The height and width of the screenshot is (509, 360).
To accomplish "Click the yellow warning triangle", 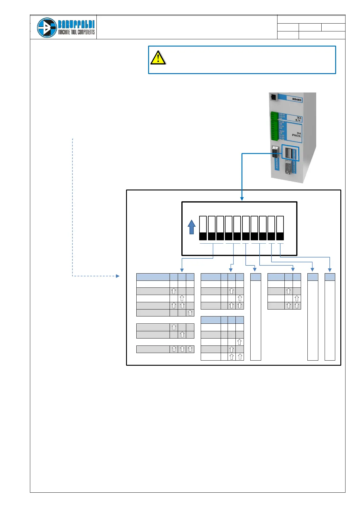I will pyautogui.click(x=158, y=58).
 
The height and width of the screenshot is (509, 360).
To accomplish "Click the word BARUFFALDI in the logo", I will pyautogui.click(x=76, y=24).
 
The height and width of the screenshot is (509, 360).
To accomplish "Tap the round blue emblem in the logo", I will pyautogui.click(x=47, y=28).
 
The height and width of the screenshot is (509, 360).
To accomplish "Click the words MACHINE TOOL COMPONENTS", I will pyautogui.click(x=76, y=32).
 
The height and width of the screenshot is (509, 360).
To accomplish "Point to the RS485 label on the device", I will pyautogui.click(x=297, y=99).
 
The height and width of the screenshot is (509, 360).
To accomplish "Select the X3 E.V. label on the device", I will pyautogui.click(x=298, y=119).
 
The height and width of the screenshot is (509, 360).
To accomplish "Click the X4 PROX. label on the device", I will pyautogui.click(x=297, y=135).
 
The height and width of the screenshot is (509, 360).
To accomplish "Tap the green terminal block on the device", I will pyautogui.click(x=274, y=126).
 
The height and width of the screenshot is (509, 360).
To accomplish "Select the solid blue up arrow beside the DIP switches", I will pyautogui.click(x=191, y=227).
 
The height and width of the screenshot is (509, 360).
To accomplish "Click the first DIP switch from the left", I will pyautogui.click(x=203, y=228).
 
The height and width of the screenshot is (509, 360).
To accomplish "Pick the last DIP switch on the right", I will pyautogui.click(x=280, y=228).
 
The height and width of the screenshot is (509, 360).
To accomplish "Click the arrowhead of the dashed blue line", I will pyautogui.click(x=118, y=276).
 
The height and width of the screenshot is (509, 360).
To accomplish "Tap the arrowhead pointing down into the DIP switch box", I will pyautogui.click(x=242, y=199).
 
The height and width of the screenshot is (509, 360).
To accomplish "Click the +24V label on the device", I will pyautogui.click(x=281, y=131).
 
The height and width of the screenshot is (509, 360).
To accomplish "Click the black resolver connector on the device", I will pyautogui.click(x=275, y=152).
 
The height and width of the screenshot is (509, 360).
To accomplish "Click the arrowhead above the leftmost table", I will pyautogui.click(x=181, y=270).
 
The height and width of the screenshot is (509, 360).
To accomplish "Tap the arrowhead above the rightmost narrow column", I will pyautogui.click(x=330, y=270).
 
